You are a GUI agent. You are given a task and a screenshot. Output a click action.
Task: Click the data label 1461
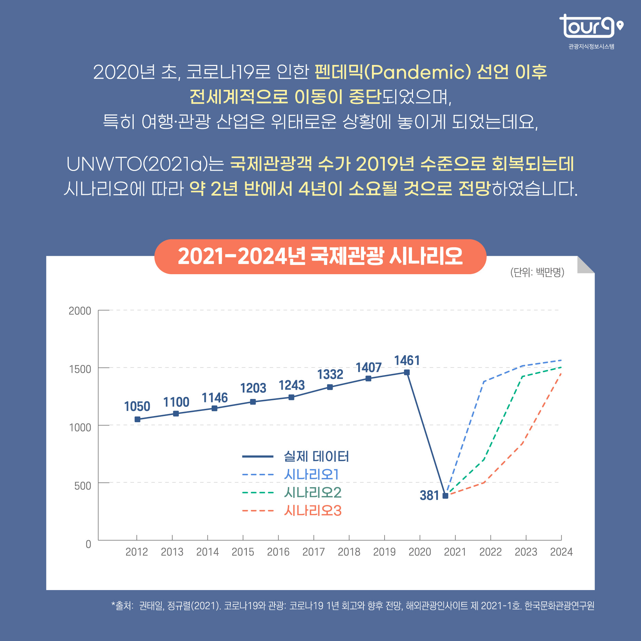[x=406, y=361]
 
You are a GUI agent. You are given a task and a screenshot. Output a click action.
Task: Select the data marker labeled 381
[x=445, y=496]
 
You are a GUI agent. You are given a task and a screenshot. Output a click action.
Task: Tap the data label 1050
[x=137, y=406]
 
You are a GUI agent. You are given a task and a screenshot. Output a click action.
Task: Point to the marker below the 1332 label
[x=330, y=387]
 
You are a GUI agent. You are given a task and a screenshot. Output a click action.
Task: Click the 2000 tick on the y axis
[x=80, y=311]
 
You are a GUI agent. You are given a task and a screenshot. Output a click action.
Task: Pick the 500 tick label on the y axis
[x=82, y=486]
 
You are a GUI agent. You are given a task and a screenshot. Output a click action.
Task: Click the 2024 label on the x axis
[x=561, y=552]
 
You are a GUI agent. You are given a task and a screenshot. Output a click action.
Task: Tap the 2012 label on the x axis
[x=137, y=552]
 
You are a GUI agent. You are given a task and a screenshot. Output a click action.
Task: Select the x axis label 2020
[x=419, y=552]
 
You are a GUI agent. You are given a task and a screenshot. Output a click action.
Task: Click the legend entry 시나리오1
[x=311, y=475]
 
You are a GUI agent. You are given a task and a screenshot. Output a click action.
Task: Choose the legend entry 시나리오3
[x=312, y=511]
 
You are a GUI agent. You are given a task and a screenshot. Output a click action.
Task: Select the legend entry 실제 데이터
[x=316, y=456]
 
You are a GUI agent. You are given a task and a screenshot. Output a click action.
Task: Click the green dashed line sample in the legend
[x=258, y=493]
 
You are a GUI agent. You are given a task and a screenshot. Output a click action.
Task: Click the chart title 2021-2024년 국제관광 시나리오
[x=320, y=256]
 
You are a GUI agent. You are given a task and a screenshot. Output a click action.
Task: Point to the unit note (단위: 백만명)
[x=537, y=272]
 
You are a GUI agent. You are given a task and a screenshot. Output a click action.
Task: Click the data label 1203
[x=253, y=388]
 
